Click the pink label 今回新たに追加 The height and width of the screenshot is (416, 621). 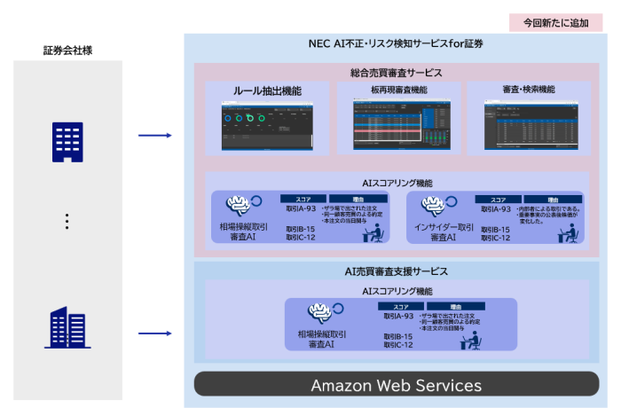(562, 21)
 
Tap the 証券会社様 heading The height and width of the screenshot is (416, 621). (68, 51)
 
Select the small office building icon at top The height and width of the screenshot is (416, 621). (68, 141)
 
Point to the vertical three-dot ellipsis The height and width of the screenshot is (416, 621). (67, 221)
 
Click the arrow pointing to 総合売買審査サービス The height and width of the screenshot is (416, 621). (155, 136)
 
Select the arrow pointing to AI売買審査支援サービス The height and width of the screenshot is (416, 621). (155, 334)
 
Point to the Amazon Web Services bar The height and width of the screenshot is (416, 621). (396, 385)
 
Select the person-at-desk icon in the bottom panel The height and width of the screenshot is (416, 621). (469, 340)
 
